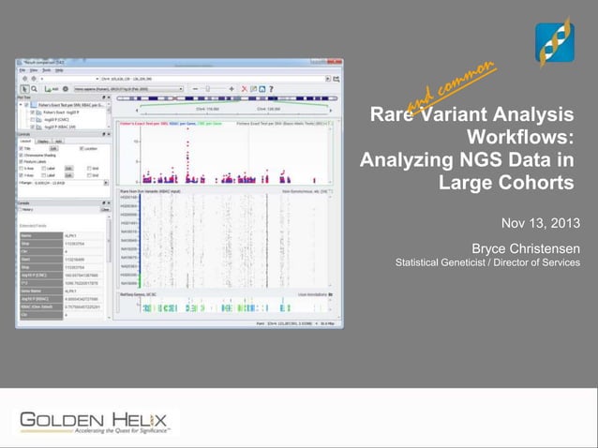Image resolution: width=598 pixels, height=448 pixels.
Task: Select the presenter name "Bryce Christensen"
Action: tap(525, 248)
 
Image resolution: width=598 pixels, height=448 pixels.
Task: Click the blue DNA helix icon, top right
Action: tap(554, 42)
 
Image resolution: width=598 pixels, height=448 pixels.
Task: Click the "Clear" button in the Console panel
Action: tap(106, 209)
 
